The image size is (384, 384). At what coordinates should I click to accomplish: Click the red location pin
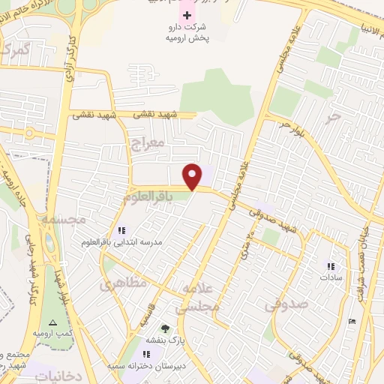193,175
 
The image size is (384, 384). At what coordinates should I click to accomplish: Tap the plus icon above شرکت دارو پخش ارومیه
187,15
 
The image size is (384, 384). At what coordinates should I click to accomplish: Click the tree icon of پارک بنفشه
164,328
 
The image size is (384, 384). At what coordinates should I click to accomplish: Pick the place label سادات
331,277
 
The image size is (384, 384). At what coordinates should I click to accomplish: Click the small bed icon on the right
353,321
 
